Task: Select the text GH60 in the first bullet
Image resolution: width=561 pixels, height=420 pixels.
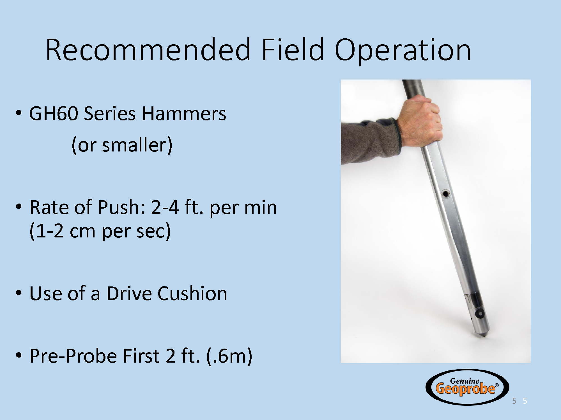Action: click(53, 113)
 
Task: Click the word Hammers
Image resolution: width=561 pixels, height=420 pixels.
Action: click(184, 113)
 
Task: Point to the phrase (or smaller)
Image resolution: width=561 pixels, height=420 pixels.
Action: click(122, 145)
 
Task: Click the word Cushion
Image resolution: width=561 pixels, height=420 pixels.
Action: click(192, 294)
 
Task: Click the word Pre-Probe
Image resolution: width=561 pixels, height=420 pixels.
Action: click(73, 356)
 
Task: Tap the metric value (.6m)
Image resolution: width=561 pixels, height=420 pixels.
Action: click(229, 356)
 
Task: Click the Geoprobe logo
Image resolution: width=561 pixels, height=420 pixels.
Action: click(467, 387)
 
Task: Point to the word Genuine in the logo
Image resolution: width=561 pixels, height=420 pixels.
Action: click(465, 381)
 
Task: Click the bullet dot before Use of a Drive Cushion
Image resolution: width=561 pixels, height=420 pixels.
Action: click(19, 293)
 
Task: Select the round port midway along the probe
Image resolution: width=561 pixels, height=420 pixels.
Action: click(445, 193)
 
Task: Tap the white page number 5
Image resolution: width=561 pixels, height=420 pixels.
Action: click(525, 401)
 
